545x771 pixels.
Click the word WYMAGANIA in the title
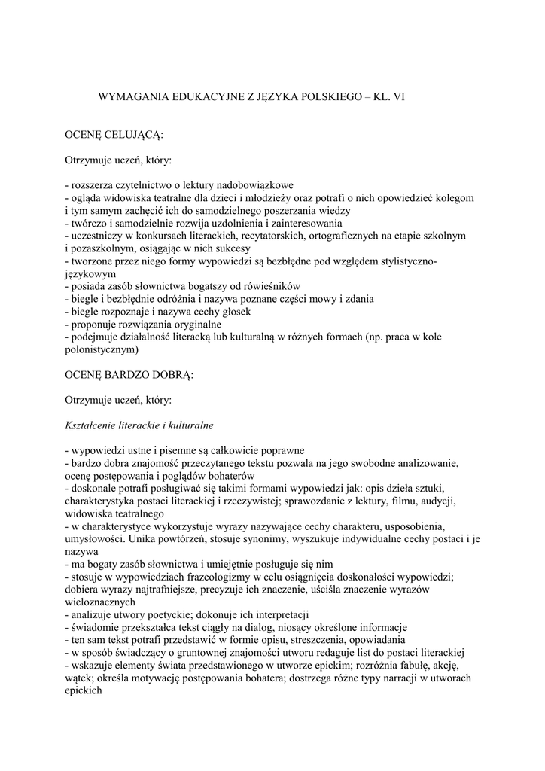pyautogui.click(x=138, y=97)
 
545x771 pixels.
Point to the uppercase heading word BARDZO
pyautogui.click(x=132, y=374)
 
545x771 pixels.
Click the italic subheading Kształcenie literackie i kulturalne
pyautogui.click(x=140, y=425)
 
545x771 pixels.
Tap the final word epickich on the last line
pyautogui.click(x=84, y=691)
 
